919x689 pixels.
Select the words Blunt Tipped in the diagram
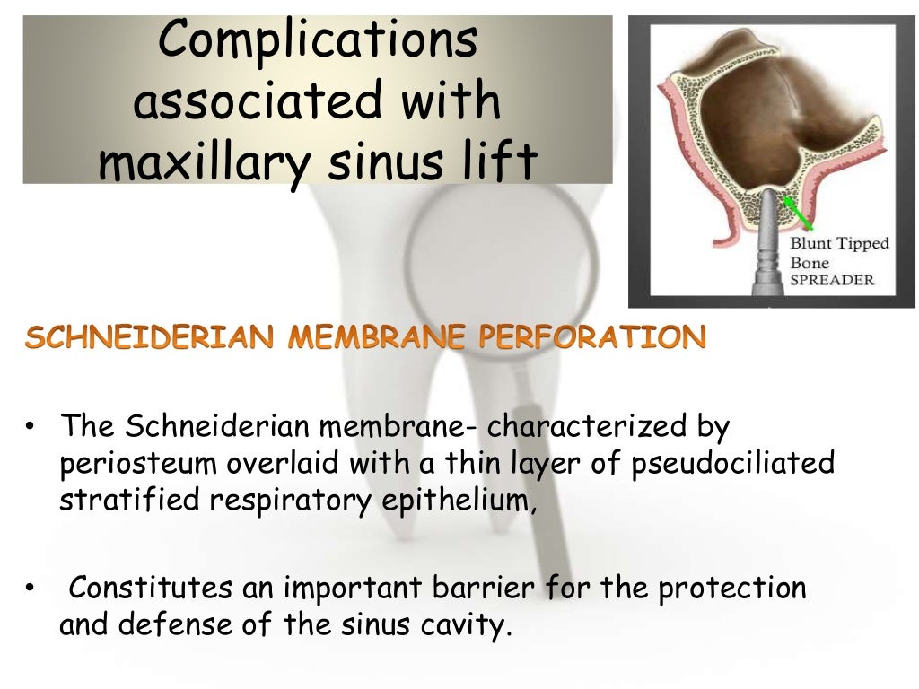click(839, 243)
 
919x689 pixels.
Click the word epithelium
click(454, 500)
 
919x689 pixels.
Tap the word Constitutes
click(147, 589)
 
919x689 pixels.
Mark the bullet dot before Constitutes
click(30, 589)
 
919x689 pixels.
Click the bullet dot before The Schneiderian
click(30, 429)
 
